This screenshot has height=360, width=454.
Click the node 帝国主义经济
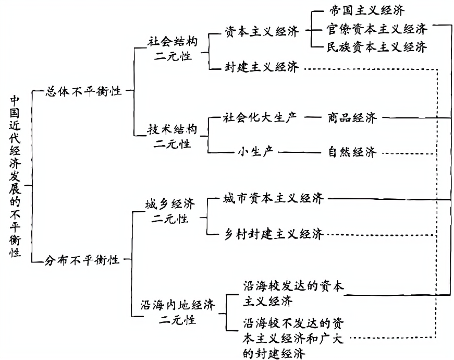point(367,10)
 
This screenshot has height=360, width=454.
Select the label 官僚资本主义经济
point(374,28)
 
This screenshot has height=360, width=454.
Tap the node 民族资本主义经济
point(374,47)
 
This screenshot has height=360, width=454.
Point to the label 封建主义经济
point(262,67)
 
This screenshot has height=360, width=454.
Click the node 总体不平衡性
point(83,90)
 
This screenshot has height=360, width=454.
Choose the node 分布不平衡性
point(83,259)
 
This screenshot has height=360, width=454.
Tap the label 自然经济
point(352,153)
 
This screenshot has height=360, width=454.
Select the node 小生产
point(255,152)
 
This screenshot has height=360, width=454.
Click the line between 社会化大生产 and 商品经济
point(313,117)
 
